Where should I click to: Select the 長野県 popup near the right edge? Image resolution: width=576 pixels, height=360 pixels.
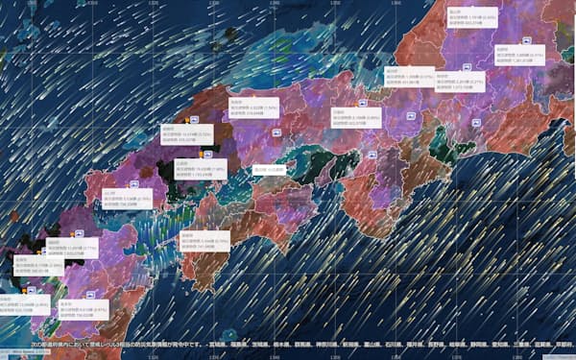(519, 58)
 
